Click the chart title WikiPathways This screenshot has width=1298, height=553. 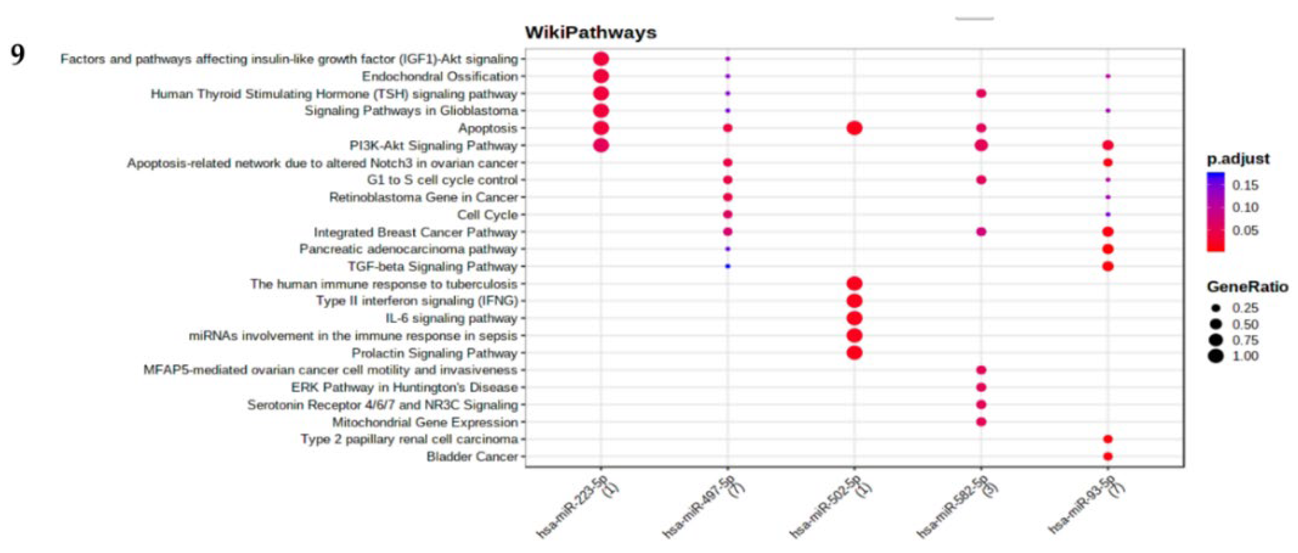click(591, 33)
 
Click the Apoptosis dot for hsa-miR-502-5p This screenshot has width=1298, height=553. click(854, 128)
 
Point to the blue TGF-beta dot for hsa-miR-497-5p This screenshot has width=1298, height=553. click(727, 266)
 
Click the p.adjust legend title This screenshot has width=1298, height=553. click(1238, 159)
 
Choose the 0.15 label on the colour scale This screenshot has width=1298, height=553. click(1245, 185)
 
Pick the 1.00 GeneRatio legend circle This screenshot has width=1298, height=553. click(1216, 356)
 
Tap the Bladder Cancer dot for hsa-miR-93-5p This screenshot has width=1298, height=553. click(1107, 456)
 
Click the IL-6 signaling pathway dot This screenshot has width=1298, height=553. click(854, 318)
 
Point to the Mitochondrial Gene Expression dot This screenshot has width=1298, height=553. click(980, 422)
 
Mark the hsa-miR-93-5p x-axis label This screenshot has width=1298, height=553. click(1089, 506)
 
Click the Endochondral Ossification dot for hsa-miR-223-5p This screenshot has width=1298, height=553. click(601, 77)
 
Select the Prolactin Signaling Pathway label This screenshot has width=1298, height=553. click(434, 353)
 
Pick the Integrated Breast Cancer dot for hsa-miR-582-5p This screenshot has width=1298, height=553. click(980, 232)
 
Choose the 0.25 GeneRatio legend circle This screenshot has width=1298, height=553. click(1216, 308)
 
